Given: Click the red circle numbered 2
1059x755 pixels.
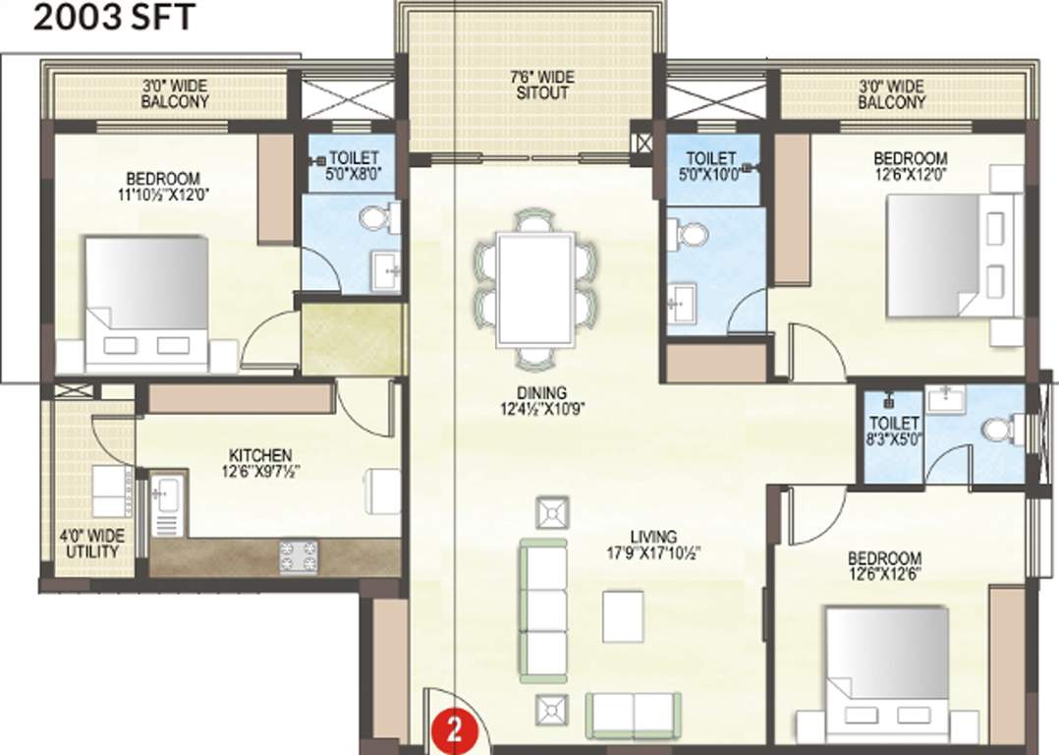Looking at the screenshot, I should click(x=454, y=731).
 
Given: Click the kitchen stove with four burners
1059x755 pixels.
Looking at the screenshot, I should click(x=299, y=557).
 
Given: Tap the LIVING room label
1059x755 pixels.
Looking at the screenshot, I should click(x=653, y=537).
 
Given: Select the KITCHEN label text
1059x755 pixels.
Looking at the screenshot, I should click(x=259, y=455).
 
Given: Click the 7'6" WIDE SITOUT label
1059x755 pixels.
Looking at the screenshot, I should click(x=542, y=86).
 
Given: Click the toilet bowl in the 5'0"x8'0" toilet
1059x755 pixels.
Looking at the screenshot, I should click(x=377, y=217).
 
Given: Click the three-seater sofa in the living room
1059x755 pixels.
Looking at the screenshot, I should click(x=543, y=610).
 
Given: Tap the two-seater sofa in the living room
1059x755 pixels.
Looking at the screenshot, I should click(x=633, y=715).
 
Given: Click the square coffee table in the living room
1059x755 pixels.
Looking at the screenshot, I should click(x=624, y=616).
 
